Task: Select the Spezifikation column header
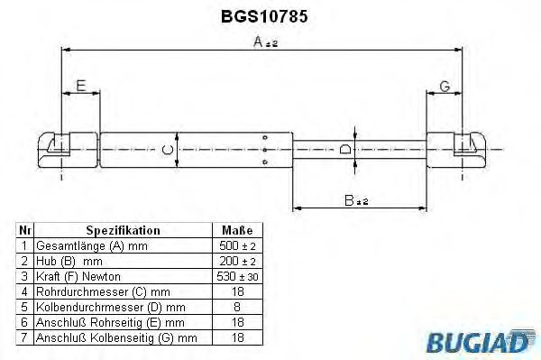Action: coord(123,230)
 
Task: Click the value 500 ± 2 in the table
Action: coord(236,245)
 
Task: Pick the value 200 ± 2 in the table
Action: coord(236,261)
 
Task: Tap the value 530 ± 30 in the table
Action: coord(236,276)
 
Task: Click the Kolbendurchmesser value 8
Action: coord(236,307)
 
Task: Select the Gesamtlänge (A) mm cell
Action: coord(88,245)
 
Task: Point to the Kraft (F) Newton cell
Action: coord(78,276)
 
